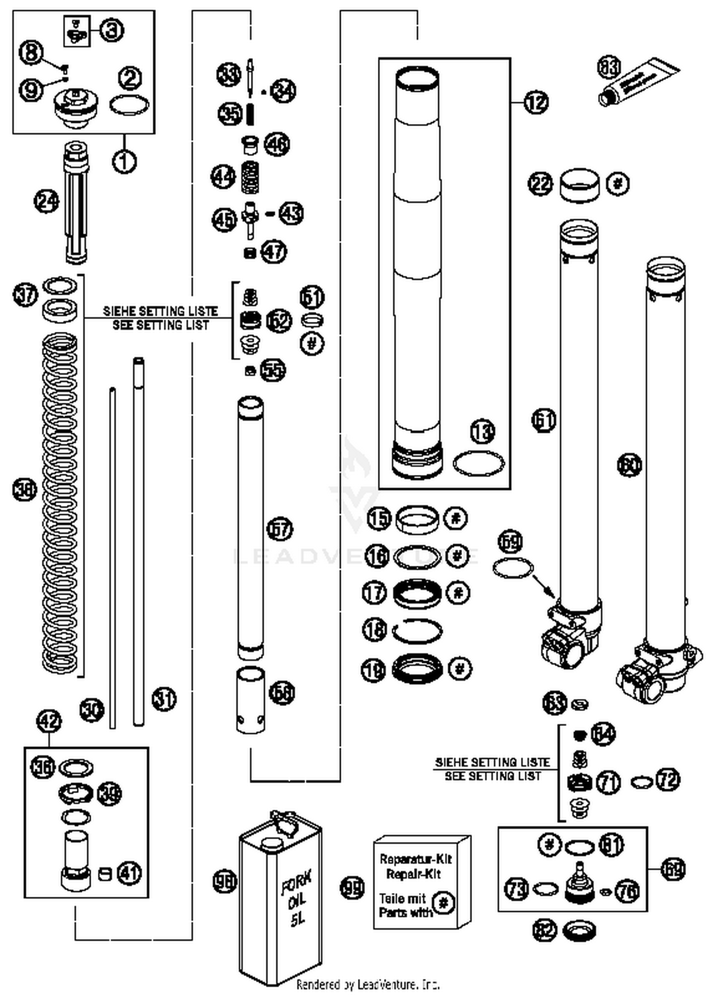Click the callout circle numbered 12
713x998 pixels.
(536, 102)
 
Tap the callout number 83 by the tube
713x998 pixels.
(609, 67)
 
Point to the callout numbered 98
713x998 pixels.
(224, 881)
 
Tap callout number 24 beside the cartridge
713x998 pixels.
(47, 202)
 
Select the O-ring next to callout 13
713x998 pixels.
(478, 463)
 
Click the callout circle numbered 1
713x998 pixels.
(125, 161)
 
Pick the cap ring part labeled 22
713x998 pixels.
(579, 185)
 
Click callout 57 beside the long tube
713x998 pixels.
(280, 529)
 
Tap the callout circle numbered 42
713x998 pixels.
(49, 721)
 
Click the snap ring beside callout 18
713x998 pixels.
(417, 631)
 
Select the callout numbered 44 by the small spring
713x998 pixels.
(222, 177)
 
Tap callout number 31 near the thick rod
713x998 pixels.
(164, 699)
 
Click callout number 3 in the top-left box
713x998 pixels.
(112, 31)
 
